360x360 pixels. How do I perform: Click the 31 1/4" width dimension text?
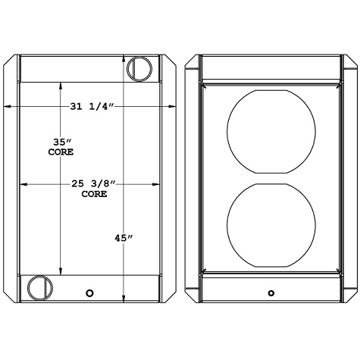(92, 107)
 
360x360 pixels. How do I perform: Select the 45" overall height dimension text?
(123, 238)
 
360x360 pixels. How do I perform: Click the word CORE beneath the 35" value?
(61, 152)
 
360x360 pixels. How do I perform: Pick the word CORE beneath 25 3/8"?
(93, 194)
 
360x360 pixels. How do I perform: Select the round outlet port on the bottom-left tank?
(38, 287)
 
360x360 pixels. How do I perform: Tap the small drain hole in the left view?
(90, 293)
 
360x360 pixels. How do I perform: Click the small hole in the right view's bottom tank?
(271, 293)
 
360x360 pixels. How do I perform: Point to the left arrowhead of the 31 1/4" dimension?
(7, 107)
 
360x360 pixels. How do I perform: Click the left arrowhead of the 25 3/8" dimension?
(23, 183)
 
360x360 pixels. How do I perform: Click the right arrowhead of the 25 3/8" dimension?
(158, 183)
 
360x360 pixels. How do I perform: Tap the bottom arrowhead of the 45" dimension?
(125, 299)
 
